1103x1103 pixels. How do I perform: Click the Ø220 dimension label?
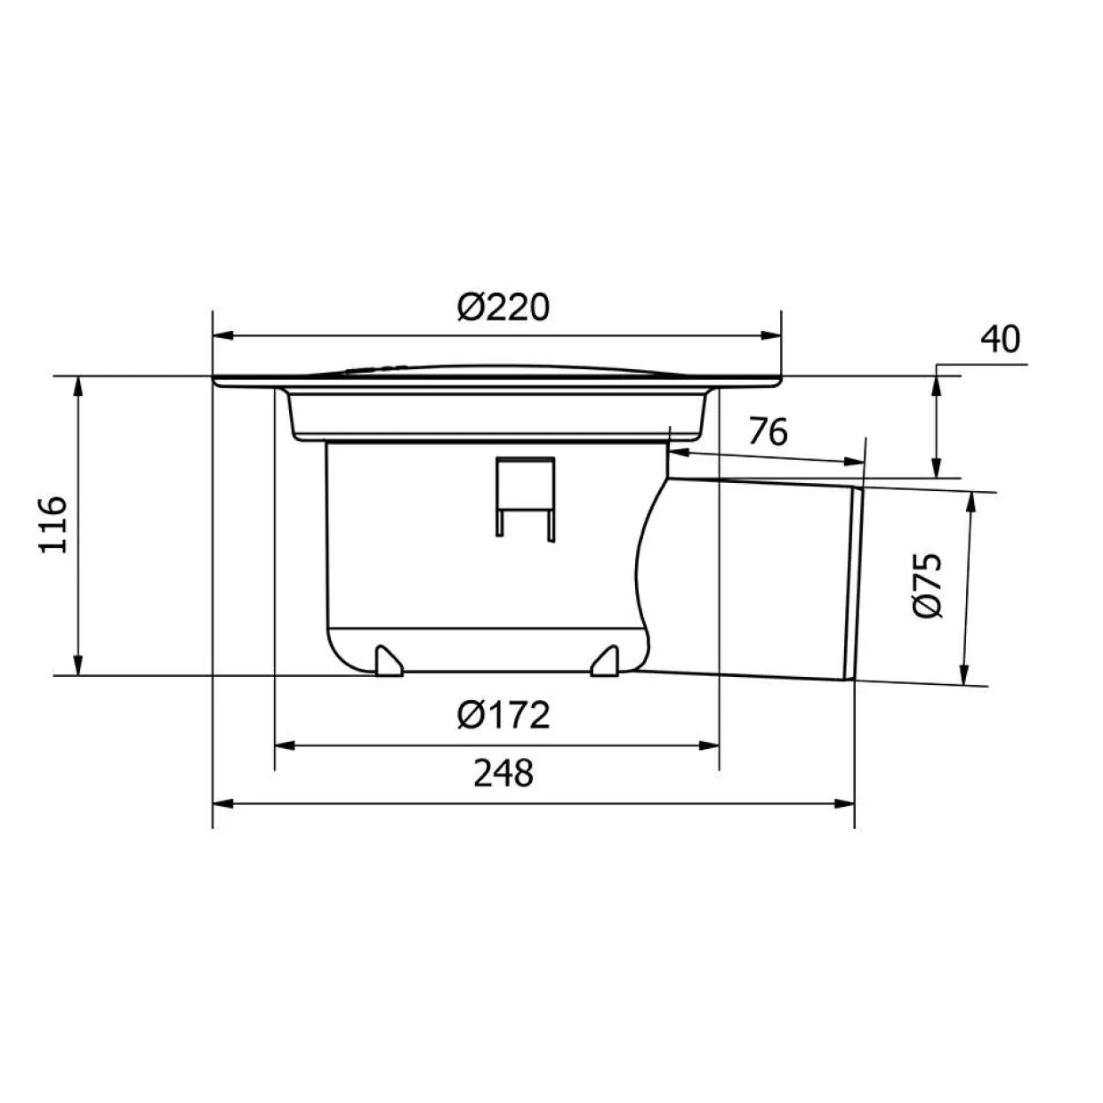pyautogui.click(x=503, y=308)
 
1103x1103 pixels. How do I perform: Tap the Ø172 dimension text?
pyautogui.click(x=503, y=715)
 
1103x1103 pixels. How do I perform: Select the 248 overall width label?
pyautogui.click(x=503, y=773)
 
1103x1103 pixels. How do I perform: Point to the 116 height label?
pyautogui.click(x=53, y=525)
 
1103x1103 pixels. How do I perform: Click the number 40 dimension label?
pyautogui.click(x=1001, y=339)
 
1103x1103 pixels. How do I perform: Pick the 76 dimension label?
pyautogui.click(x=769, y=431)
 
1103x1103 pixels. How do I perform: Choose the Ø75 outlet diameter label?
pyautogui.click(x=927, y=585)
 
